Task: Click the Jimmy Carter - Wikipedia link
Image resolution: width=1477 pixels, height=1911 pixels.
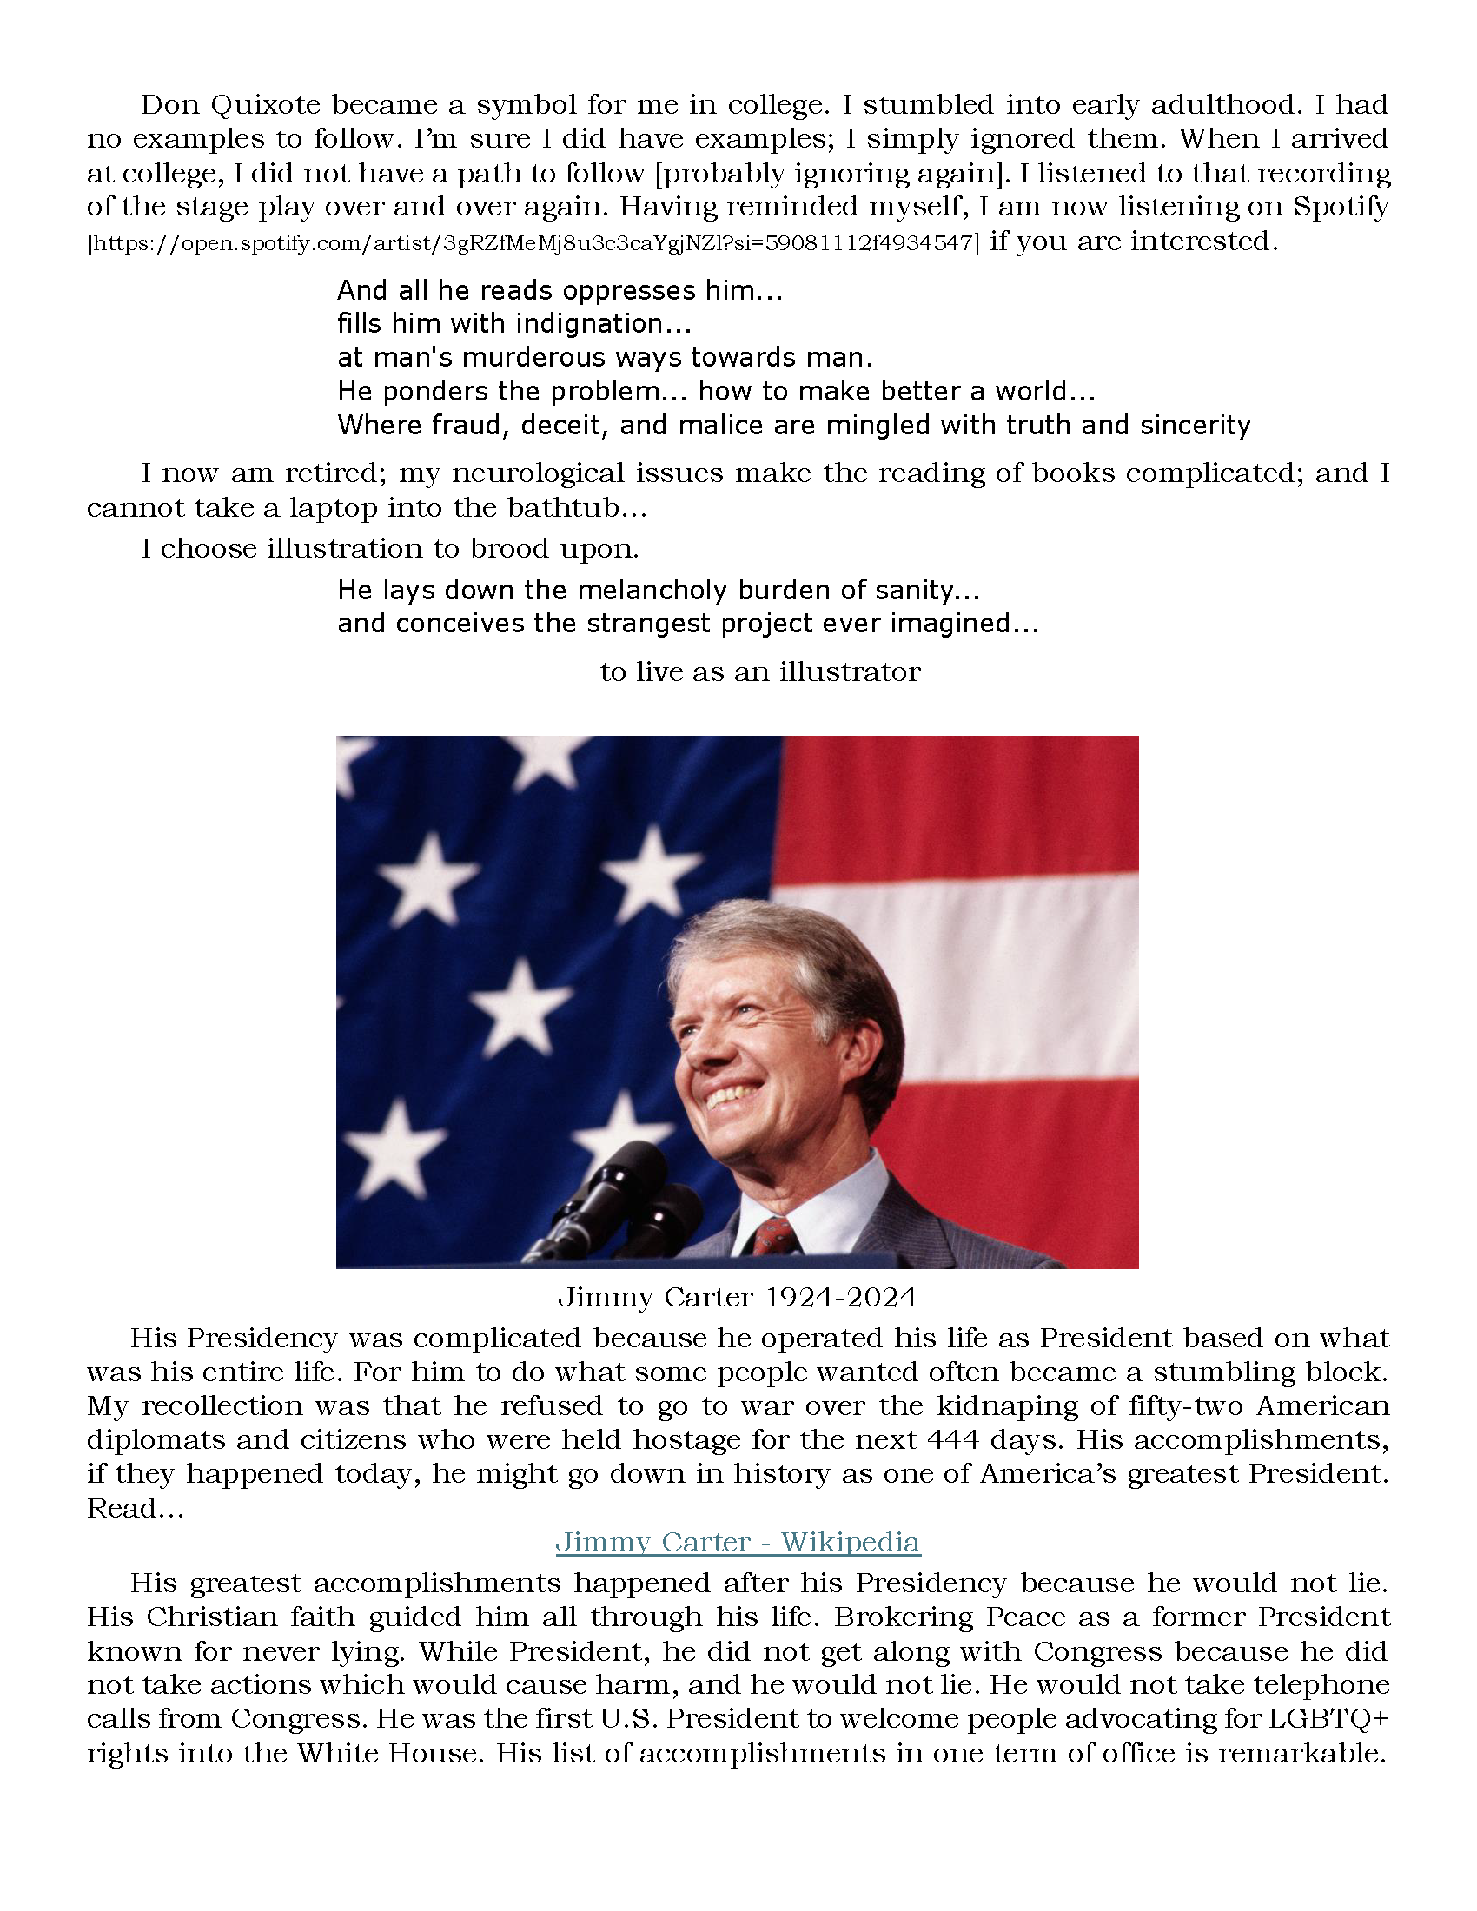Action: [738, 1541]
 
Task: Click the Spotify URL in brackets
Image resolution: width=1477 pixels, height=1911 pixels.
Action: [533, 243]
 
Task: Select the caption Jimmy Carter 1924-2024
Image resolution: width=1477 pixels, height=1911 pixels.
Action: [737, 1297]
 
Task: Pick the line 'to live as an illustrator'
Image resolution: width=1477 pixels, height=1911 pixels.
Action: [759, 672]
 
